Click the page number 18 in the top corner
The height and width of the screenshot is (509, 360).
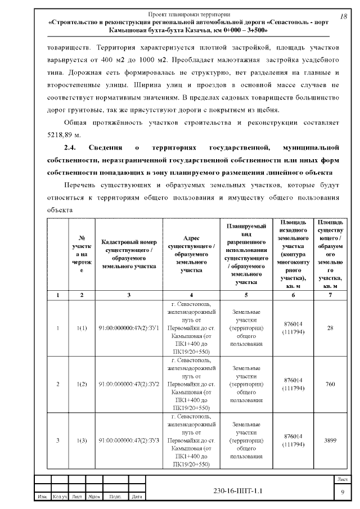tap(343, 16)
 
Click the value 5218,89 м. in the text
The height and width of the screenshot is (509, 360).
tap(65, 136)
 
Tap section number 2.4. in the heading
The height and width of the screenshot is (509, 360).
tap(70, 148)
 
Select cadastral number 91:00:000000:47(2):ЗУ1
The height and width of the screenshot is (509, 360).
tap(129, 328)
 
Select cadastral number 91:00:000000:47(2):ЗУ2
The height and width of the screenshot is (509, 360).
tap(129, 384)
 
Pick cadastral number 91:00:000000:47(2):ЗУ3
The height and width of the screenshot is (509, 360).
tap(129, 440)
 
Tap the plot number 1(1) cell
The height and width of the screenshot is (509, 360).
tap(82, 328)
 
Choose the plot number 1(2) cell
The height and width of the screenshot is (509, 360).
tap(82, 384)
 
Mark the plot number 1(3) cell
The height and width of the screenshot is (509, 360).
tap(82, 440)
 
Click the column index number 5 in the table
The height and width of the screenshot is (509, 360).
tap(246, 294)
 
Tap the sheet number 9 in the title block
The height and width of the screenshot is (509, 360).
tap(343, 493)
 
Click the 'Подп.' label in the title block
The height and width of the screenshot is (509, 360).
tap(115, 497)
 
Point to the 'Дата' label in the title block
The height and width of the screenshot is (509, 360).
tap(136, 497)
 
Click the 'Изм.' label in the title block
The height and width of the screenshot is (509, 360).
tap(42, 497)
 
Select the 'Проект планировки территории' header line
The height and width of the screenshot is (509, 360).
tap(188, 13)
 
